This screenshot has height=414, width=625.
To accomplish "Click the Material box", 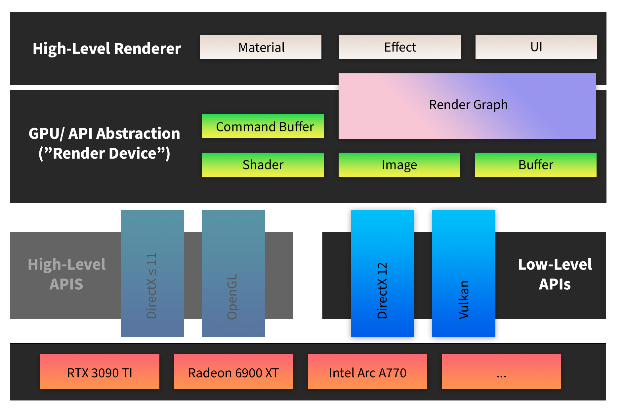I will coord(261,47).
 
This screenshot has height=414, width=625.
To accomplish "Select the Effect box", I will coord(400,47).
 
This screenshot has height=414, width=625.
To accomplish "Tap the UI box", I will coord(536,47).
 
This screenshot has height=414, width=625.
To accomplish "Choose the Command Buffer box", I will coord(263,126).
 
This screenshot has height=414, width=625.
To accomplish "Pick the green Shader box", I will coord(263,165).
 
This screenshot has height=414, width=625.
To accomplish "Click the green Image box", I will coord(399,165).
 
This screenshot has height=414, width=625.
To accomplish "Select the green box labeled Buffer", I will coord(535,165).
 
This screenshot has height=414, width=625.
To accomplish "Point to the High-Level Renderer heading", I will coord(106,49).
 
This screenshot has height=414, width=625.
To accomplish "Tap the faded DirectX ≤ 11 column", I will coord(152,273).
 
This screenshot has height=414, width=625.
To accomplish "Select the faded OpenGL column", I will coord(233,273).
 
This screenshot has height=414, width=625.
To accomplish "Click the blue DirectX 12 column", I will coord(382,273).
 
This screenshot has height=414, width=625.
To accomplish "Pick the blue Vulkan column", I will coord(464,273).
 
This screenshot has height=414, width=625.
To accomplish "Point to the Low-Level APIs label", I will coord(555,274).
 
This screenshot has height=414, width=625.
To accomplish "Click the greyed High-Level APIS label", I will coord(66,274).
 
